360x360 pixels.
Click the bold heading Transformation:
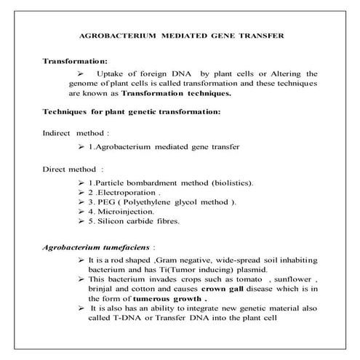[76, 61]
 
